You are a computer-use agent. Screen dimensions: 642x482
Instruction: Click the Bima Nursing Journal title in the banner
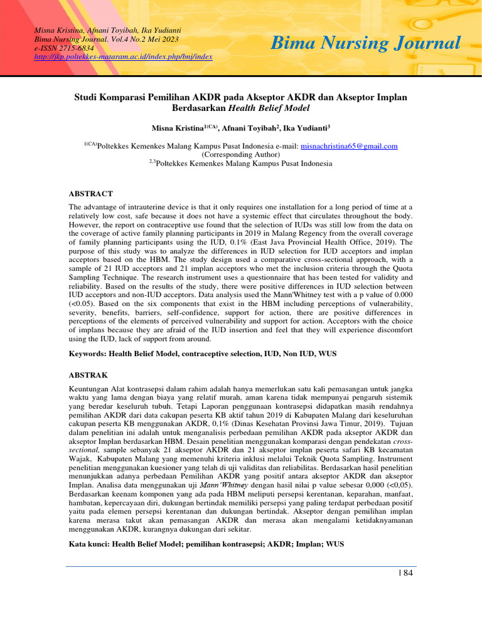tap(367, 43)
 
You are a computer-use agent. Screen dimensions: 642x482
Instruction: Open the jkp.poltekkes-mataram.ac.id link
tap(124, 56)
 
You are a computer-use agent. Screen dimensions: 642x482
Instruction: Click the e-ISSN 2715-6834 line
tap(64, 48)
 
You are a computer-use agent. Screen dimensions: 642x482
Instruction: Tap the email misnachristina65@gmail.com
tap(350, 146)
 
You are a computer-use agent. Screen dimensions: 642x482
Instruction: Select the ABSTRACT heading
tap(90, 194)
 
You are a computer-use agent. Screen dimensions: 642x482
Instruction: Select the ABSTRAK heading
tap(88, 375)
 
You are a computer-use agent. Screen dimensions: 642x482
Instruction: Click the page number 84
tap(407, 572)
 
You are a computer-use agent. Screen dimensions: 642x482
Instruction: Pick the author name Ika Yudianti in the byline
tap(306, 128)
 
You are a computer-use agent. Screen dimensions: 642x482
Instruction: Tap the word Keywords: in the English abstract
tap(87, 354)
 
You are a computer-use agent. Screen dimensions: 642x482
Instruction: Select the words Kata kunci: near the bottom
tap(88, 544)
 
